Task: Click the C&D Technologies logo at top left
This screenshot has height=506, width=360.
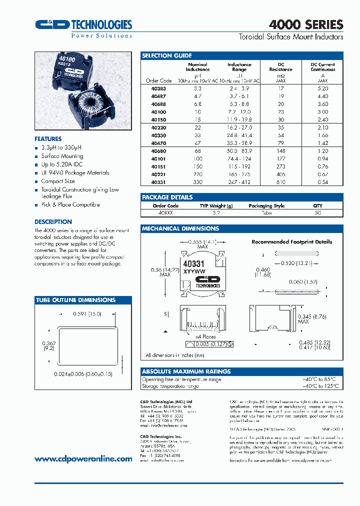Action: [83, 26]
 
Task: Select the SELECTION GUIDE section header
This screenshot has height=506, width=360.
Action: [167, 55]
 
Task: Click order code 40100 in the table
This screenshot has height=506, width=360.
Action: [159, 112]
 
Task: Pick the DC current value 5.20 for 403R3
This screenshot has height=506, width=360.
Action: [323, 88]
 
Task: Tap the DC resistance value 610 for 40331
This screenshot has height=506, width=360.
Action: [281, 182]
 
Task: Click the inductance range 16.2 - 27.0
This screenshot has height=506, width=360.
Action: [239, 128]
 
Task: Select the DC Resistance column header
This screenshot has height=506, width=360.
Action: [281, 67]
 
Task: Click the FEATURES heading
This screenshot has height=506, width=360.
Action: [48, 139]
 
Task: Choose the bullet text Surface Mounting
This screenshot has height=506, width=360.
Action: [62, 156]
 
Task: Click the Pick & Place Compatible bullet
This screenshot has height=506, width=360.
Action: [70, 204]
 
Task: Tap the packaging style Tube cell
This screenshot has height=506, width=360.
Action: [267, 212]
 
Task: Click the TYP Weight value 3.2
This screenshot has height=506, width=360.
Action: [216, 212]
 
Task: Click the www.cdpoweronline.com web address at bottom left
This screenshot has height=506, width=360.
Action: [83, 459]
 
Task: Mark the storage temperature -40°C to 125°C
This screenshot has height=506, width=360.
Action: [320, 386]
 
